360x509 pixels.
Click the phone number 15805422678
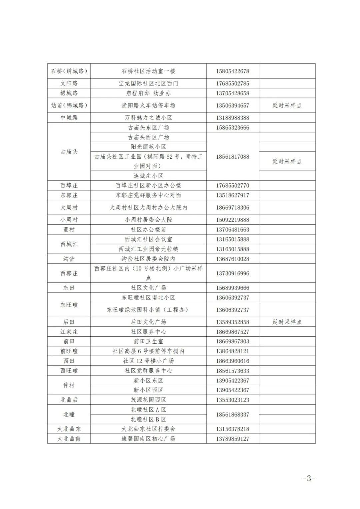[x=232, y=71]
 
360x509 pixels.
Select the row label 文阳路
[x=69, y=83]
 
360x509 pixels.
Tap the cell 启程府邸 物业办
[x=148, y=93]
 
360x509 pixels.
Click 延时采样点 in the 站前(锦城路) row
[x=287, y=105]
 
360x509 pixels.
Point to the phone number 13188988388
[x=232, y=118]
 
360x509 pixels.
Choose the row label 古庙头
[x=69, y=152]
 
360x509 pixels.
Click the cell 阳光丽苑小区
[x=148, y=147]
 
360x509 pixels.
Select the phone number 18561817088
[x=232, y=157]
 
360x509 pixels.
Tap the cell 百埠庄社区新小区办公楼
[x=148, y=185]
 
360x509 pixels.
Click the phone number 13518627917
[x=232, y=195]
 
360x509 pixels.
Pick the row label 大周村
[x=69, y=207]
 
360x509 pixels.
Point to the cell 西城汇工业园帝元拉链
[x=148, y=249]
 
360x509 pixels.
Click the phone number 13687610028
[x=232, y=259]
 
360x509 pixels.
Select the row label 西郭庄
[x=69, y=273]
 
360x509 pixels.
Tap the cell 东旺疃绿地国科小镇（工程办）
[x=148, y=310]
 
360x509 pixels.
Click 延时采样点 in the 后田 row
[x=287, y=322]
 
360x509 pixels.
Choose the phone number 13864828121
[x=232, y=351]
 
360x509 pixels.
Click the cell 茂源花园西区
[x=148, y=400]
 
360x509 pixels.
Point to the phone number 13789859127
[x=232, y=439]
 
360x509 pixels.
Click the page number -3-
[x=309, y=478]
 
